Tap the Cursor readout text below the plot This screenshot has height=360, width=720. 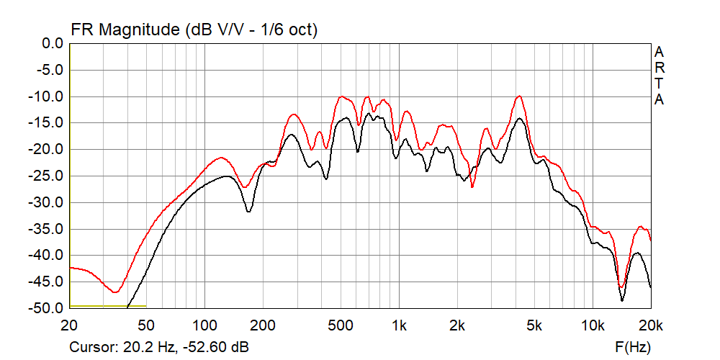(159, 347)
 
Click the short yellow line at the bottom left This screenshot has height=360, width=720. (108, 306)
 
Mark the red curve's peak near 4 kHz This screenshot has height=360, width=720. (518, 96)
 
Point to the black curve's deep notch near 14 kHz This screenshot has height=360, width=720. (622, 300)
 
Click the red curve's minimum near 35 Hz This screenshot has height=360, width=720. (114, 292)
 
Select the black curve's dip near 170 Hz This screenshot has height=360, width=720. (248, 211)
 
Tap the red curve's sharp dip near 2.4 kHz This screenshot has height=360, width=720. (472, 186)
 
